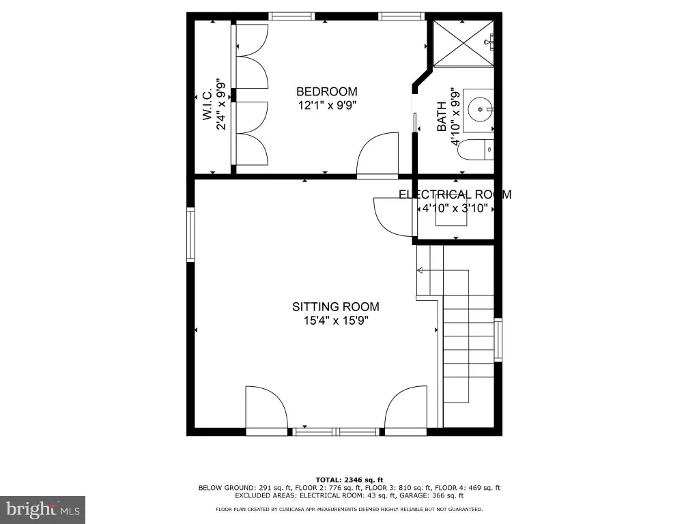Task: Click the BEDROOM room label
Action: coord(327,92)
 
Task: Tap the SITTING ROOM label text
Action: coord(336,306)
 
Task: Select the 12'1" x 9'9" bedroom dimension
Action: coord(327,106)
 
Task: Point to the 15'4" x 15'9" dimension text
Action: coord(336,321)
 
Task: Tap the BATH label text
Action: coord(442,116)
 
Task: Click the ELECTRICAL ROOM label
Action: coord(455,194)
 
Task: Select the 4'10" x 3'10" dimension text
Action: coord(455,209)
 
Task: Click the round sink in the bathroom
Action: coord(480,108)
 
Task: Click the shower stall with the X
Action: coord(463,43)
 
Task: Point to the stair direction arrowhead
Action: coord(420,270)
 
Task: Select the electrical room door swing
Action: coord(393,216)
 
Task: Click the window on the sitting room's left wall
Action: coord(191,235)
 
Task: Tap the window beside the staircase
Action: coord(498,340)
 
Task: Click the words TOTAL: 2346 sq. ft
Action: coord(349,480)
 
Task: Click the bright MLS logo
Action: coord(43,509)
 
